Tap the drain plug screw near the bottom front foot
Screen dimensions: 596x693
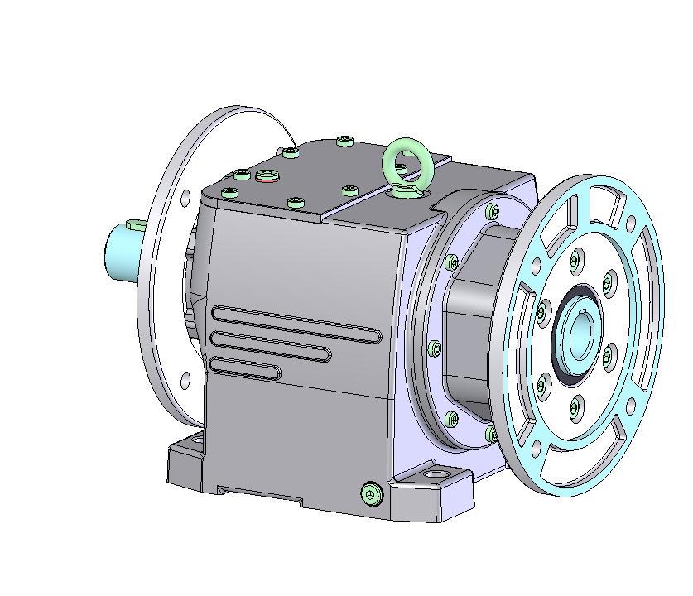(373, 494)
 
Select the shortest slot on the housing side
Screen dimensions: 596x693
(245, 368)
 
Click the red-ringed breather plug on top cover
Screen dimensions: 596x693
(267, 175)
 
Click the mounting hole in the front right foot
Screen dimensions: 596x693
(435, 478)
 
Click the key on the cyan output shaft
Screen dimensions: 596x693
(137, 224)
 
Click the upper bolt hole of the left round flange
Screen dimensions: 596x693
(185, 197)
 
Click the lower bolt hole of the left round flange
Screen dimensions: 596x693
(185, 380)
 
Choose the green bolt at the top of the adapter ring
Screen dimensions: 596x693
(493, 212)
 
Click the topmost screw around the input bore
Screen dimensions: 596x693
(575, 261)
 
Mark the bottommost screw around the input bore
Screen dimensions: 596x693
(575, 406)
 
